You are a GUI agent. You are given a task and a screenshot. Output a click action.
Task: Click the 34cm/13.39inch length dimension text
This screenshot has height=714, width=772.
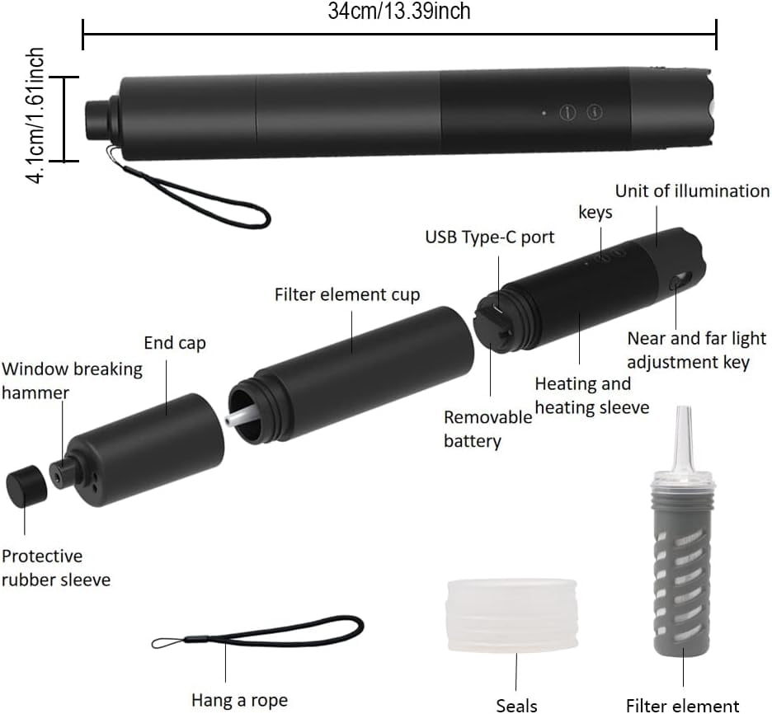coord(399,11)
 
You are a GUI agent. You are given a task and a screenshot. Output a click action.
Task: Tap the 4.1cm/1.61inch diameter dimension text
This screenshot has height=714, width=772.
coord(35,115)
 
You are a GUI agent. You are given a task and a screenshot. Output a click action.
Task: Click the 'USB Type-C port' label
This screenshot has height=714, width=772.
coord(490,237)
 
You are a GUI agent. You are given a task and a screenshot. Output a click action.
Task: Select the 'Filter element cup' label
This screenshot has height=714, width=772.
coord(347,294)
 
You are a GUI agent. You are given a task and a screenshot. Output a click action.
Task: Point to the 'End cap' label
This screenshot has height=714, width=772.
coord(175,343)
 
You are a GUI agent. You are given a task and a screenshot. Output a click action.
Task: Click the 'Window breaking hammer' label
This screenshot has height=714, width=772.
coord(71,380)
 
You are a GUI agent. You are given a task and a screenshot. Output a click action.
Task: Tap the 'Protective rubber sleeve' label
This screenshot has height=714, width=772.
coord(55,568)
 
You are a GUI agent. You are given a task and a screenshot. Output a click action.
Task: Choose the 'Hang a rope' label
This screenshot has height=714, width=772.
coord(239,700)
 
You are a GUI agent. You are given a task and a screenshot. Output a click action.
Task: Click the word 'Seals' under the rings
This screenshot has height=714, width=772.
coord(516,704)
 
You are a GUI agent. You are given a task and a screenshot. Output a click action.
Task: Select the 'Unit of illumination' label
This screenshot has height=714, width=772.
coord(692,191)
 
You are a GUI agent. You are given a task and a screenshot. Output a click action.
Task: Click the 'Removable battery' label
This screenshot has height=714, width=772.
coord(487,429)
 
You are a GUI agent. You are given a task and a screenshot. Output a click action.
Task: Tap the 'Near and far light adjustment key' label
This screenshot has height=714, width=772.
coord(696,350)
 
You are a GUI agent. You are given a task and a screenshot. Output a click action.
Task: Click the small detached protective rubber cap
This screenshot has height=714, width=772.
coord(26,487)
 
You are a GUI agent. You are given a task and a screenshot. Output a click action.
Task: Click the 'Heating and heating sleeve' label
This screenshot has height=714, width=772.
coord(591,396)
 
